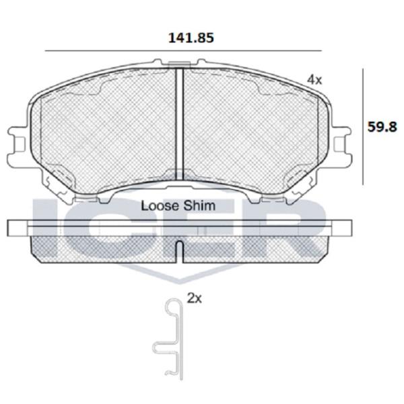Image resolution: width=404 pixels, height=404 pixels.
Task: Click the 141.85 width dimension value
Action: [x=191, y=38]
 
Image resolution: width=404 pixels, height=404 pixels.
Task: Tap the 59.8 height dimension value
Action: [x=382, y=127]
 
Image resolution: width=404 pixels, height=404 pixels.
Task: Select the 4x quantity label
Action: [x=314, y=80]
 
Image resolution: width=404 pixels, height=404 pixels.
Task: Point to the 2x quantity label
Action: [x=195, y=298]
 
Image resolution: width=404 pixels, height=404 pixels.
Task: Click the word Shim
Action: [x=199, y=206]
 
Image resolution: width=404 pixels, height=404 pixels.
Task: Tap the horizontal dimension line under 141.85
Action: [x=183, y=51]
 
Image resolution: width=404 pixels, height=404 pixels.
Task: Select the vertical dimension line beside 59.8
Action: [x=363, y=127]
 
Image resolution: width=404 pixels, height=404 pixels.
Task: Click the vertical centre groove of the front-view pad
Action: [x=179, y=124]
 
